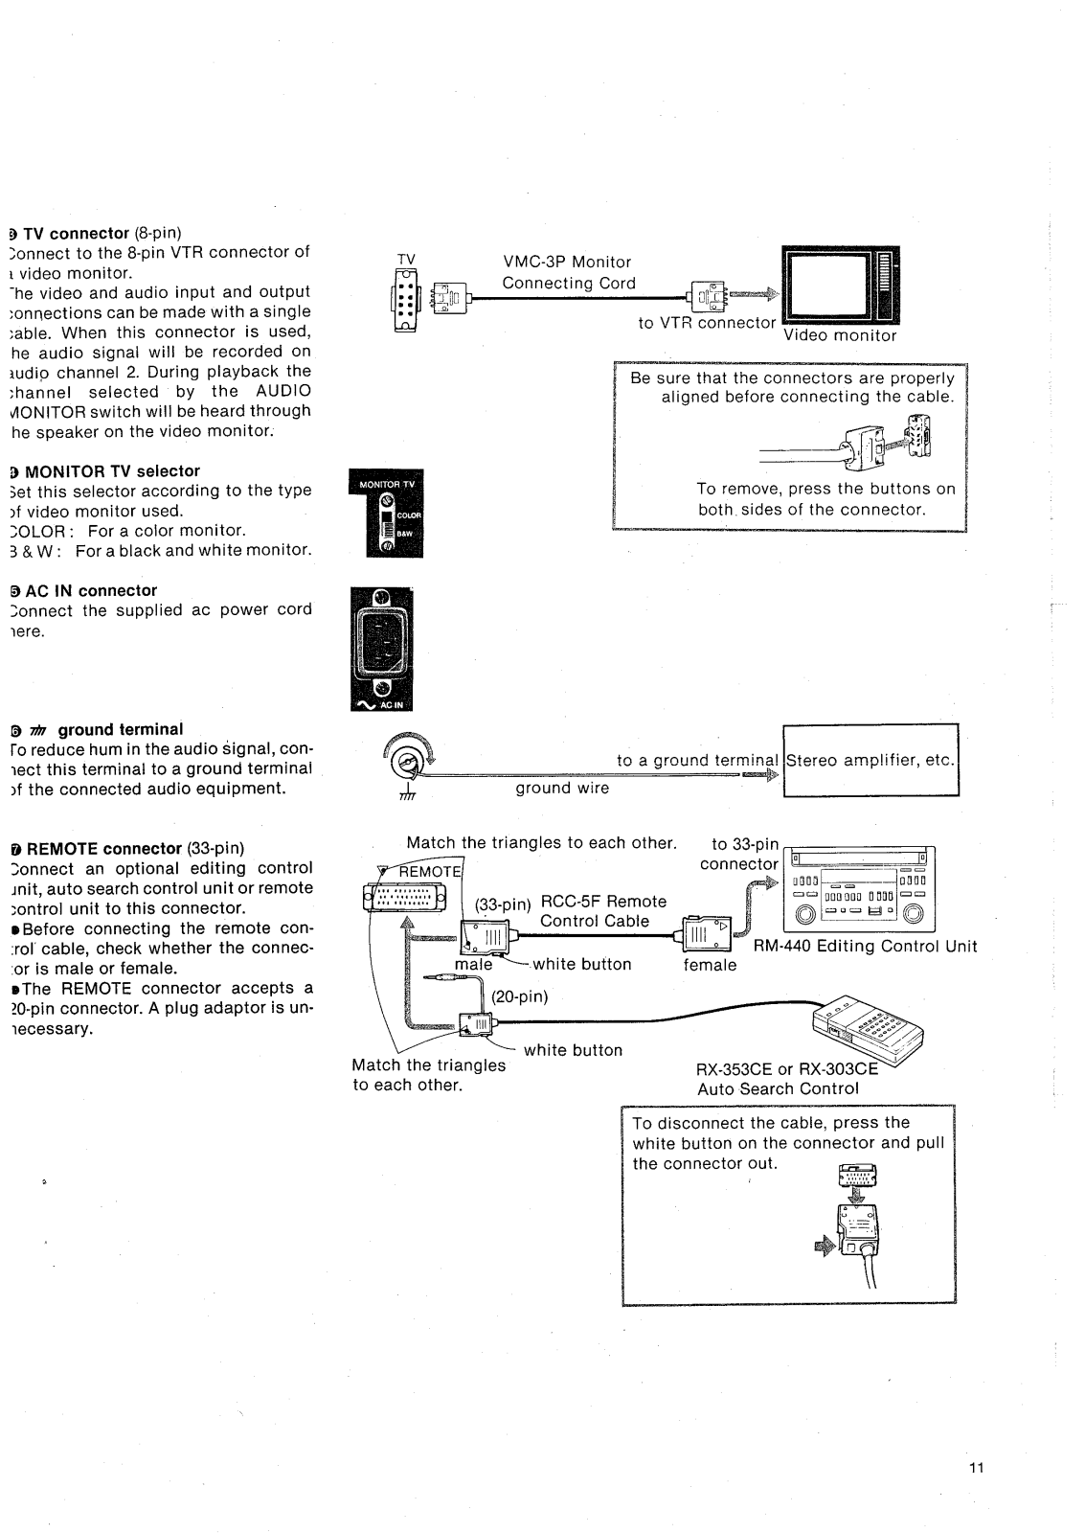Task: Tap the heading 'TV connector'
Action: coord(76,233)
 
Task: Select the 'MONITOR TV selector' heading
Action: coord(112,470)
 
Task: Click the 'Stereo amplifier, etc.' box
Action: coord(870,761)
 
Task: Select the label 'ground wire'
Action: coord(562,788)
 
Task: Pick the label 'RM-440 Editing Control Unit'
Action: coord(866,947)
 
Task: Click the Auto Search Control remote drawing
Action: coord(867,1030)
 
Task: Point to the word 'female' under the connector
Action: coord(710,965)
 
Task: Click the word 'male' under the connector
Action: coord(473,965)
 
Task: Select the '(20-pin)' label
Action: coord(519,996)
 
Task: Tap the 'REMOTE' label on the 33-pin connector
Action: coord(428,871)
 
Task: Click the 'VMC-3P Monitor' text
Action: coord(567,262)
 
